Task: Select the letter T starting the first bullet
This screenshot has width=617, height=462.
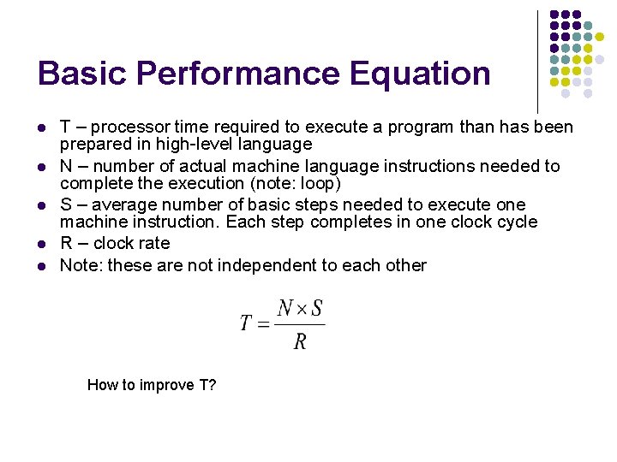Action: (x=65, y=127)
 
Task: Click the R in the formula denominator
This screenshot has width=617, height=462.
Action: (x=300, y=342)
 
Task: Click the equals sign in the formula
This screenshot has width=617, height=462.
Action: (x=263, y=324)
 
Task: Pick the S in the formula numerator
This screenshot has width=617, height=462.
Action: (x=317, y=308)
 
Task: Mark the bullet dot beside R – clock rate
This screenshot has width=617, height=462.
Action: (x=41, y=244)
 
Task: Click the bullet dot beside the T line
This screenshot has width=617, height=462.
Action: (x=41, y=128)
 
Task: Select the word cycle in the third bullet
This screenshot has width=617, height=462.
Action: (x=517, y=222)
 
